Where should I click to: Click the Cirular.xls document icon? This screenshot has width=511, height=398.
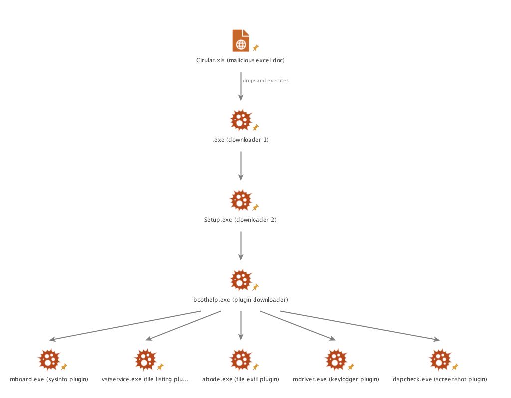241,40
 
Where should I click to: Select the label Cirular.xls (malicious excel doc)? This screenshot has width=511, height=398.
241,60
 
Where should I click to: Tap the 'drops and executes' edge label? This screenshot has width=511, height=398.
265,80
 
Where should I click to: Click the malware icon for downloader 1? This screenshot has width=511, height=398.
240,120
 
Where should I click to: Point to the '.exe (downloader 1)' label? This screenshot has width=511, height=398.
241,140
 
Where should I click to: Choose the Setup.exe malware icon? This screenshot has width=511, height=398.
240,200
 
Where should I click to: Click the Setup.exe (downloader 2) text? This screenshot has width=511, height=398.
240,220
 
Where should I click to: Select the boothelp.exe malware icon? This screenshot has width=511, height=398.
240,280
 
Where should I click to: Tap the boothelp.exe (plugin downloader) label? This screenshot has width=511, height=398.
241,300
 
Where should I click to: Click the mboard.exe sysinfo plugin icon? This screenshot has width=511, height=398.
49,360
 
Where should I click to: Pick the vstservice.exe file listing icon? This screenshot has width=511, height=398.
145,360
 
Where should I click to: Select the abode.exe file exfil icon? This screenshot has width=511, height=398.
240,360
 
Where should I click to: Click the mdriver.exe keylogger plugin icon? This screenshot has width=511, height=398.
335,360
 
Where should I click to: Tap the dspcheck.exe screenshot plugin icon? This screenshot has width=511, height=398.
440,360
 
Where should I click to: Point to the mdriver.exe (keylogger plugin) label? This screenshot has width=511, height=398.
336,379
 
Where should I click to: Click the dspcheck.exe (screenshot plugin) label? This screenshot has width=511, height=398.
440,379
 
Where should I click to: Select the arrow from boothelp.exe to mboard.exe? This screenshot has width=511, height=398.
125,325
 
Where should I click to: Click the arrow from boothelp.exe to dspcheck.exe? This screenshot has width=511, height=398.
359,326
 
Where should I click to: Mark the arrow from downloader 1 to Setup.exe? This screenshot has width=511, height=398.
241,166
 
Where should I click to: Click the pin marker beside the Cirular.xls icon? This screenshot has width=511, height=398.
255,48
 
